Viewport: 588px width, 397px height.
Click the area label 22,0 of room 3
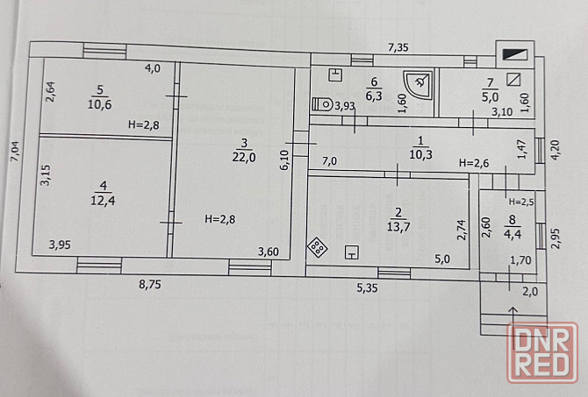pyautogui.click(x=244, y=157)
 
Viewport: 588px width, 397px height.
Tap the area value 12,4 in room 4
pyautogui.click(x=103, y=201)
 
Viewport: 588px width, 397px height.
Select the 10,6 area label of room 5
pyautogui.click(x=100, y=104)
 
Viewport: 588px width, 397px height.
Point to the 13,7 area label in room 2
pyautogui.click(x=398, y=227)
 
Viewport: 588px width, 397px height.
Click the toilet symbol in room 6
pyautogui.click(x=322, y=104)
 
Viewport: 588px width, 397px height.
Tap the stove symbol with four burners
pyautogui.click(x=317, y=247)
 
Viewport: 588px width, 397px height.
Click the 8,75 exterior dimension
pyautogui.click(x=149, y=285)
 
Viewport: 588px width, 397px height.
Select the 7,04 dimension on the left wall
pyautogui.click(x=17, y=151)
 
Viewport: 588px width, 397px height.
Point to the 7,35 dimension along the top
pyautogui.click(x=398, y=47)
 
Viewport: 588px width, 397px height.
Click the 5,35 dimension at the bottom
pyautogui.click(x=367, y=288)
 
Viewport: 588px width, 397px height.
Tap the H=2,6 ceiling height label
pyautogui.click(x=474, y=163)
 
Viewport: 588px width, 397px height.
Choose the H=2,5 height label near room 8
pyautogui.click(x=521, y=202)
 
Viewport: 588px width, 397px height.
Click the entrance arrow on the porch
pyautogui.click(x=513, y=323)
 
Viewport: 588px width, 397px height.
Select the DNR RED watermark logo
pyautogui.click(x=541, y=352)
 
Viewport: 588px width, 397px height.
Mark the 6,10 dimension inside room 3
pyautogui.click(x=284, y=160)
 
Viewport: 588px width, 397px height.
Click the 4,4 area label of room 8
pyautogui.click(x=513, y=235)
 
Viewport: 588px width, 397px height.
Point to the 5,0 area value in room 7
pyautogui.click(x=490, y=97)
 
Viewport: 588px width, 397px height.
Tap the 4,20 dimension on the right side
pyautogui.click(x=555, y=150)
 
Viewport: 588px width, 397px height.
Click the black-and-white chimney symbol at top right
pyautogui.click(x=515, y=55)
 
